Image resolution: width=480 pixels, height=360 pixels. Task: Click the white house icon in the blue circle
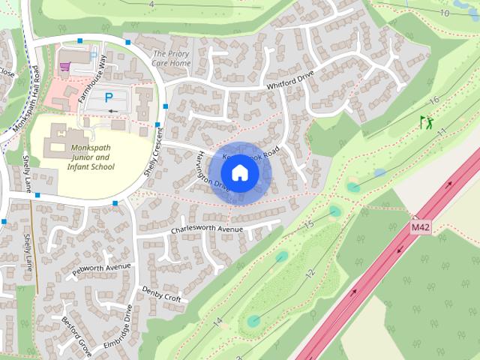239,172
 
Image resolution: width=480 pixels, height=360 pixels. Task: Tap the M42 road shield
421,226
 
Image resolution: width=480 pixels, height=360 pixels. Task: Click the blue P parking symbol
109,97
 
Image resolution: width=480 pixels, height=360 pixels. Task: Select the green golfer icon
426,121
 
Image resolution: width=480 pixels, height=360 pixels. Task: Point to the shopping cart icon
65,67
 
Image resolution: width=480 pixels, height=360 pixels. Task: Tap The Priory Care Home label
171,59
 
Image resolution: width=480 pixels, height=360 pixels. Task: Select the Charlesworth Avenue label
207,228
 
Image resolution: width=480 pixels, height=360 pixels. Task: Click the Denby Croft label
161,294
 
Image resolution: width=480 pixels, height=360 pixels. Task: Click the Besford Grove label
77,336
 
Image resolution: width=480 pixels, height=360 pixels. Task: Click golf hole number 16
433,101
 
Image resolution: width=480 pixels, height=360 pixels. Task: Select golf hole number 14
217,322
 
